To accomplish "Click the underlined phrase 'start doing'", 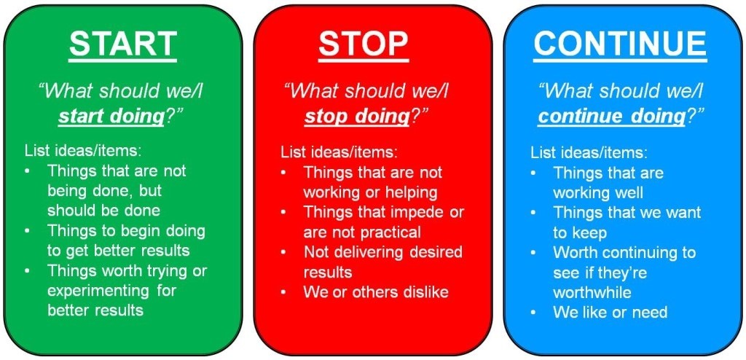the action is [111, 117].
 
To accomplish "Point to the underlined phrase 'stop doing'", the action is [357, 117].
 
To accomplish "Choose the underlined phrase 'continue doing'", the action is [611, 117].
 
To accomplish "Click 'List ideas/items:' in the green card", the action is [83, 151].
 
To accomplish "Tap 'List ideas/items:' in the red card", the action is [339, 152].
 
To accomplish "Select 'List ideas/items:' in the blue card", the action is [589, 152].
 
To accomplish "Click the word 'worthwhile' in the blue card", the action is [592, 292].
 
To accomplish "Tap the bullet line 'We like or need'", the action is [610, 313].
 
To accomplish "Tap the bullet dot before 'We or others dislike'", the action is [283, 291].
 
